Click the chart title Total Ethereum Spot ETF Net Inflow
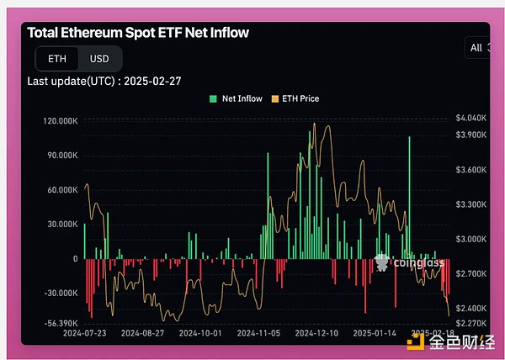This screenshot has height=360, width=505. click(x=138, y=33)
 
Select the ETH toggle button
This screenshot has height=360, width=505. click(x=57, y=58)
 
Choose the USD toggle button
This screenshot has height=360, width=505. click(x=99, y=58)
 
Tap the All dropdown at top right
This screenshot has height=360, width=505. click(x=477, y=48)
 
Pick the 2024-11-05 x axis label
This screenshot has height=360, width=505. click(x=258, y=334)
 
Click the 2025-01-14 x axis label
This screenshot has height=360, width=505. click(x=373, y=334)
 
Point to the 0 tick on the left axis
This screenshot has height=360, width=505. click(x=75, y=259)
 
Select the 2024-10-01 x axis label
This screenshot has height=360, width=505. click(x=200, y=334)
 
